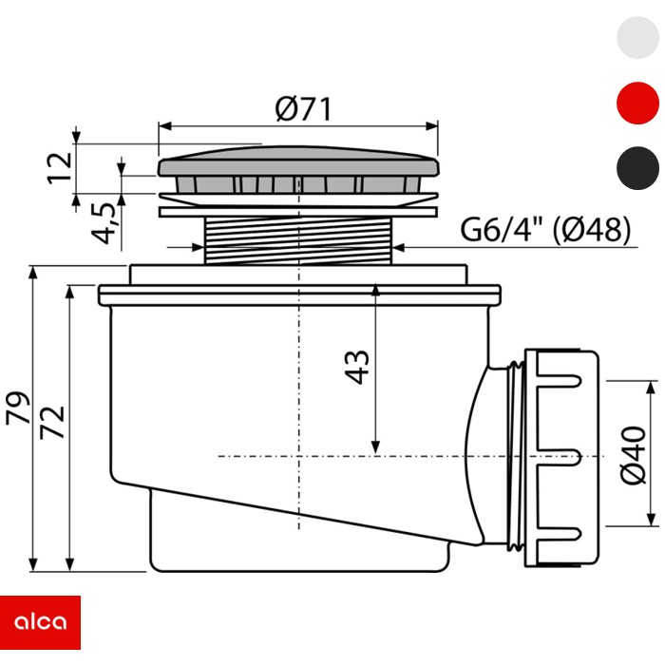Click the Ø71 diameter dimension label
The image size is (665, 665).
coord(303,109)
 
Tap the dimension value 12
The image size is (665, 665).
coord(60,168)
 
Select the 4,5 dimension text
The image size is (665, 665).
coord(103,223)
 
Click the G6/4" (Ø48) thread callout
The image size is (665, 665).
coord(545,230)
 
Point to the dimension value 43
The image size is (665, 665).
coord(356,368)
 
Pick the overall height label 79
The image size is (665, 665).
coord(18,408)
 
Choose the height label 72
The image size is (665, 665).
coord(52,423)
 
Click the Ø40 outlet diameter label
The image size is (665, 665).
coord(634,455)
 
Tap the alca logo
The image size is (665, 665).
coord(40,622)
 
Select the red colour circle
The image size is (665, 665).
coord(637,103)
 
